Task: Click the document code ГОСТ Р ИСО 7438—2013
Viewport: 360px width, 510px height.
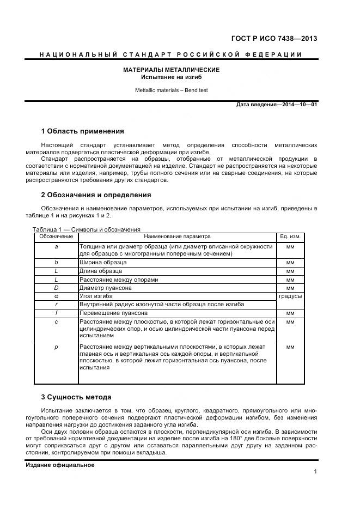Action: coord(274,38)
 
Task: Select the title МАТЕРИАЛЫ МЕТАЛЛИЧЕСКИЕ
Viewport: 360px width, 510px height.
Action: coord(171,70)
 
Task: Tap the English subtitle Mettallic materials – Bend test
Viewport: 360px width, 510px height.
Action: coord(171,90)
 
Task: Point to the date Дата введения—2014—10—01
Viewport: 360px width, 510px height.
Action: coord(277,104)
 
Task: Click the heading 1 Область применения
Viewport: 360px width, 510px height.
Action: coord(82,131)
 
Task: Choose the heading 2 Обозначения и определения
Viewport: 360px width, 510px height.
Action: coord(96,195)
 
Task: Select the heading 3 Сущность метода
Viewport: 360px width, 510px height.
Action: coord(76,397)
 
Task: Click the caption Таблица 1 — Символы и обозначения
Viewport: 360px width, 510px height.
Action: coord(87,229)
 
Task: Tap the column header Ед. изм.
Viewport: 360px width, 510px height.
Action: coord(290,236)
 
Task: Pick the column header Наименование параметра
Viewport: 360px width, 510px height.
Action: coord(177,236)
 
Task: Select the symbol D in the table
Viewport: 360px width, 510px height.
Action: coord(56,288)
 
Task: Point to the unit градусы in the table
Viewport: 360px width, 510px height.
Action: coord(290,296)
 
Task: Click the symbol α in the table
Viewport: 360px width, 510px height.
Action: coord(56,296)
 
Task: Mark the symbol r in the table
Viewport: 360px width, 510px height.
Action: coord(56,305)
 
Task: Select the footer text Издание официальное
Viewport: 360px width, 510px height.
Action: coord(60,465)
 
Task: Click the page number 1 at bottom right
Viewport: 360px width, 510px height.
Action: coord(315,472)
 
